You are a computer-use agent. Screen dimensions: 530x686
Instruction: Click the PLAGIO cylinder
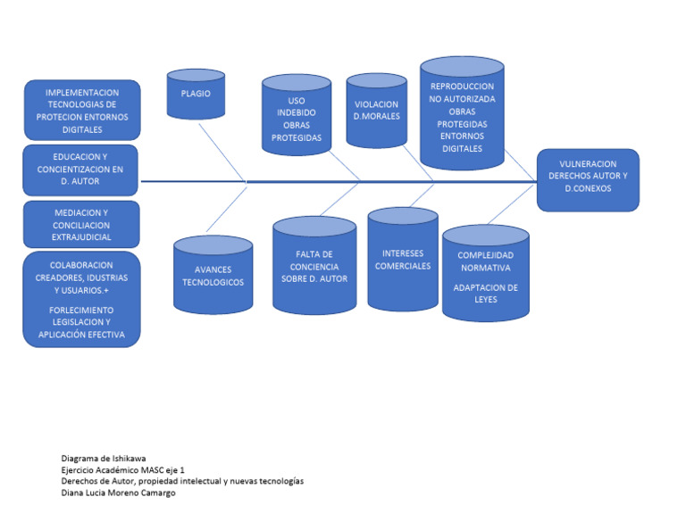196,94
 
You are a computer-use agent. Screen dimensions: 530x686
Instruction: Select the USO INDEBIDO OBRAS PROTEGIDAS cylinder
296,113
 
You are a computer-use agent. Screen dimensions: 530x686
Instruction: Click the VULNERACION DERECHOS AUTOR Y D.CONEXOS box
588,179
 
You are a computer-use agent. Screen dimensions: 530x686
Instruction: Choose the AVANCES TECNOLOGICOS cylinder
213,276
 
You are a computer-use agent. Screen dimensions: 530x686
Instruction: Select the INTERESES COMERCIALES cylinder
402,260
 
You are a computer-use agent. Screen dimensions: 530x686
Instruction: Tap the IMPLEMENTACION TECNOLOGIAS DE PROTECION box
81,110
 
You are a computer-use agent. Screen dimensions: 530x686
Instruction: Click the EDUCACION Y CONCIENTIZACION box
81,170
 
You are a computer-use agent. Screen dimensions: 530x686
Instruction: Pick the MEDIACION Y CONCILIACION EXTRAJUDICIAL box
81,224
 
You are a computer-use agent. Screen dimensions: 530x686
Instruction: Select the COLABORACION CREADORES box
81,300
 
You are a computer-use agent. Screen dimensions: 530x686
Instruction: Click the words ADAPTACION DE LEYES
485,294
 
